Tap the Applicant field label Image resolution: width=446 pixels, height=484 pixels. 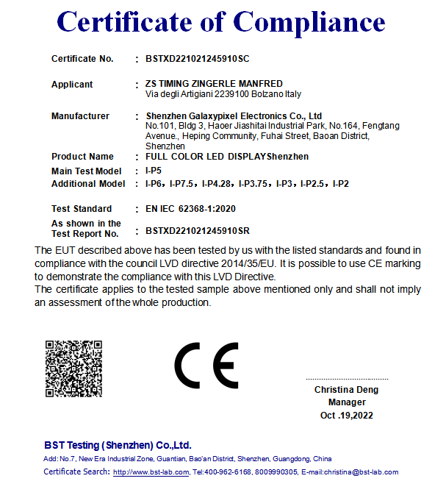click(x=72, y=85)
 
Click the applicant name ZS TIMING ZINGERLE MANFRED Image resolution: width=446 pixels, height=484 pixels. click(x=214, y=84)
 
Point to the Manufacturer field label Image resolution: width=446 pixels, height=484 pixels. click(x=80, y=116)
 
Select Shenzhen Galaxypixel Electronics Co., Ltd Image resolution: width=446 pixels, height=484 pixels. click(x=234, y=116)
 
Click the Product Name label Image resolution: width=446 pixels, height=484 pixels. click(x=82, y=157)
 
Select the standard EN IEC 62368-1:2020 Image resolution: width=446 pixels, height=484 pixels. click(x=190, y=209)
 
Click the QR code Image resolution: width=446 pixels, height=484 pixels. click(x=73, y=368)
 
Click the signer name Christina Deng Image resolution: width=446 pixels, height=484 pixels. click(x=347, y=389)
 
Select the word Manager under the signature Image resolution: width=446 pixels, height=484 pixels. click(x=347, y=402)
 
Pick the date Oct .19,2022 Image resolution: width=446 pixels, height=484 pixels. click(x=347, y=416)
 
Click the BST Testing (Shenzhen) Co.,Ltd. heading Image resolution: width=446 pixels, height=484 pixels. click(x=118, y=445)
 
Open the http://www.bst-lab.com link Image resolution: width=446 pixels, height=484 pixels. click(x=151, y=472)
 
